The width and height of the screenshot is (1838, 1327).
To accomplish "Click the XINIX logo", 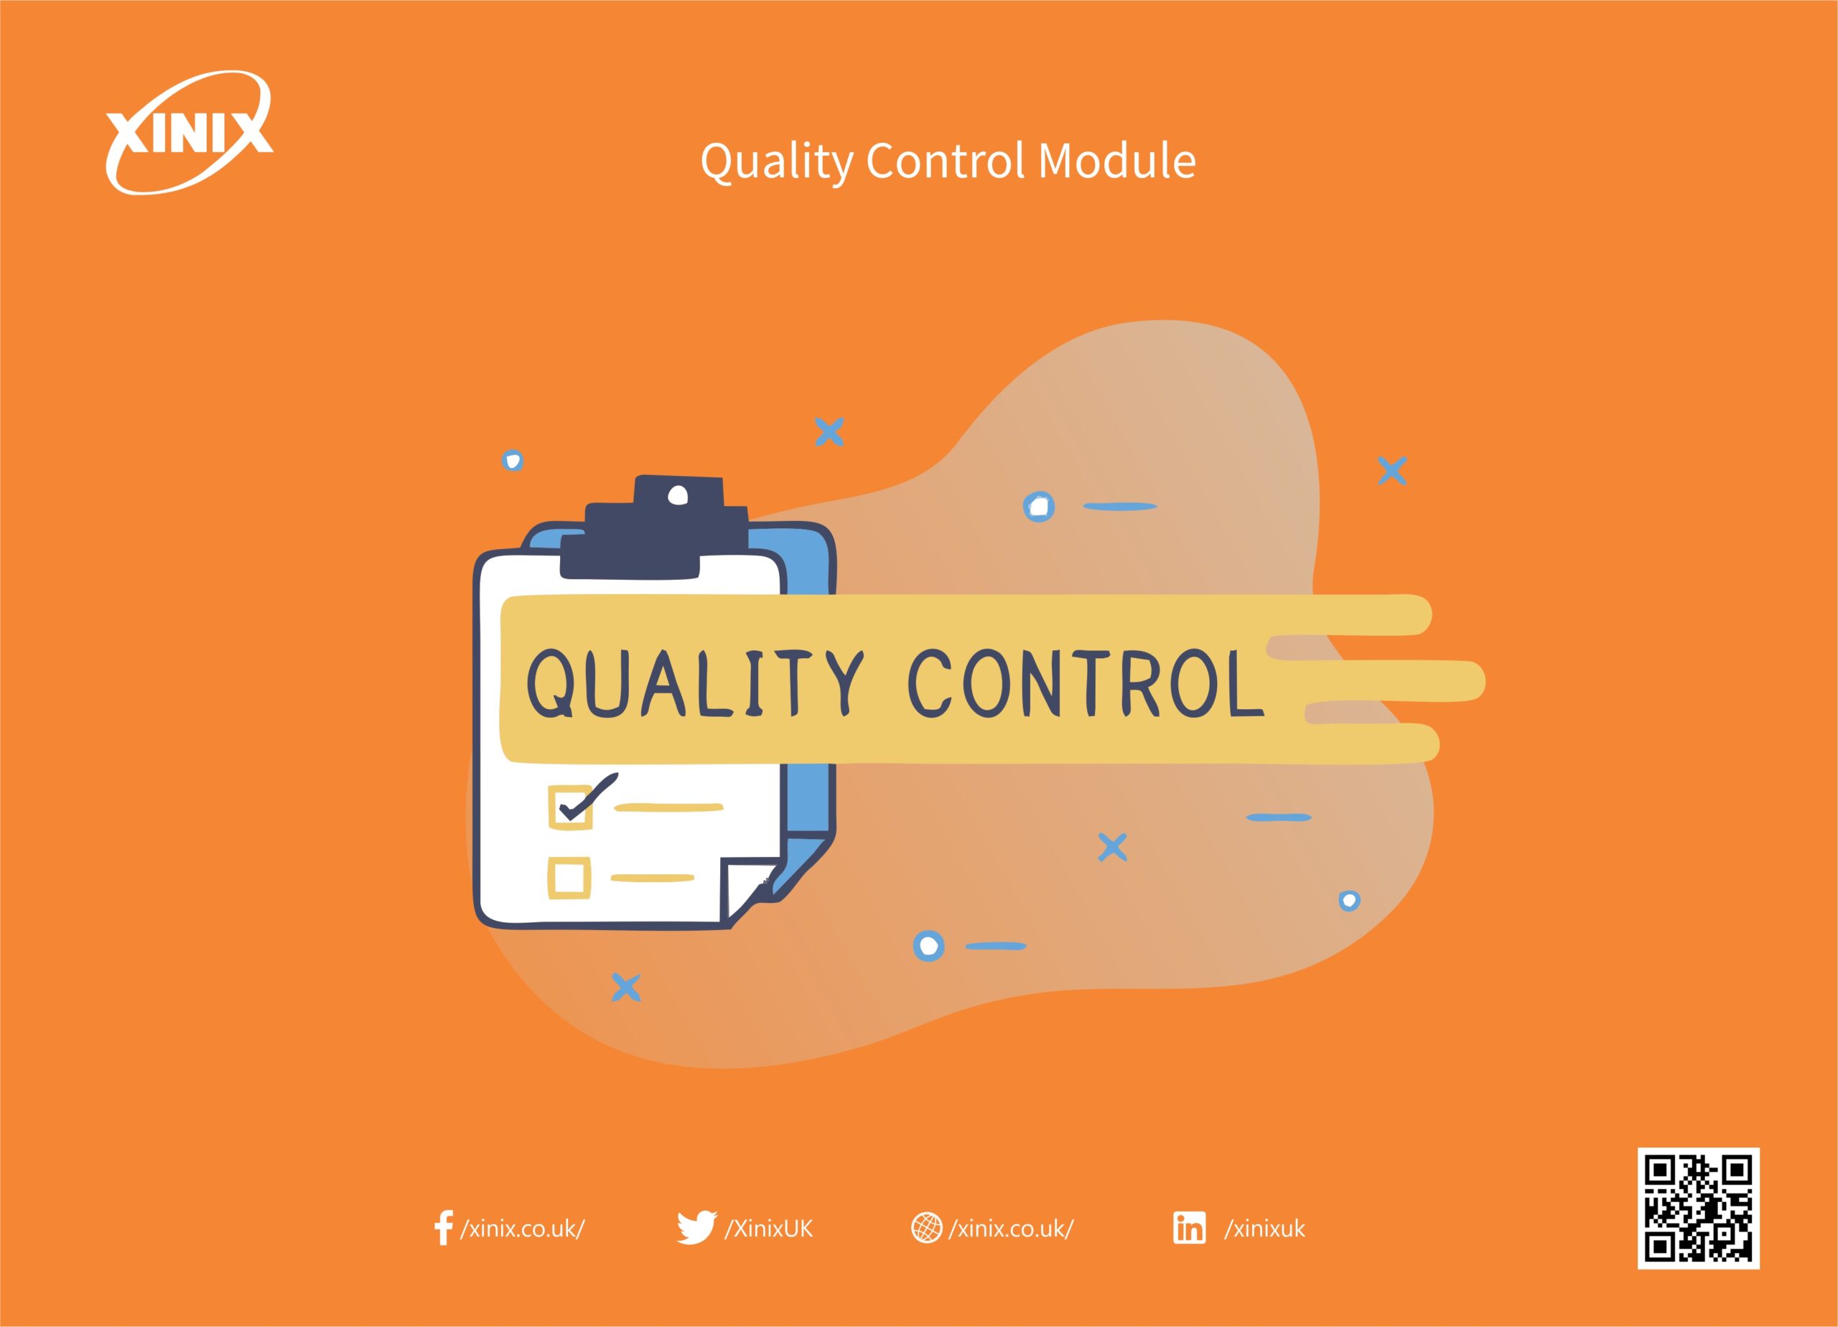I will pyautogui.click(x=188, y=133).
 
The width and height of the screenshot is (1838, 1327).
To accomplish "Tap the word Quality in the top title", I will pyautogui.click(x=775, y=162).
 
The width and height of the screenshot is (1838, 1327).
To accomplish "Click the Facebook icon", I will pyautogui.click(x=442, y=1228).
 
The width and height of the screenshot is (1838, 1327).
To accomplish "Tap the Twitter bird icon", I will pyautogui.click(x=696, y=1227).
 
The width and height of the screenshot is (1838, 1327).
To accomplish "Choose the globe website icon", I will pyautogui.click(x=926, y=1228).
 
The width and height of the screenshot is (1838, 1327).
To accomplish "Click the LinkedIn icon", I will pyautogui.click(x=1189, y=1228).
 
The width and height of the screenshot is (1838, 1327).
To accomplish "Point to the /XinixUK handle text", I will pyautogui.click(x=768, y=1228).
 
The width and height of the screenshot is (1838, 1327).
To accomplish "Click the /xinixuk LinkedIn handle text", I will pyautogui.click(x=1264, y=1229).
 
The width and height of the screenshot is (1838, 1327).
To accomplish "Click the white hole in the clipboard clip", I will pyautogui.click(x=677, y=496).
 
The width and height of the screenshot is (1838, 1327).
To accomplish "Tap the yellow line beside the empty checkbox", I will pyautogui.click(x=653, y=878).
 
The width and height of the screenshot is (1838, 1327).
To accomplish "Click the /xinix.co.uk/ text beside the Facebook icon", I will pyautogui.click(x=523, y=1229).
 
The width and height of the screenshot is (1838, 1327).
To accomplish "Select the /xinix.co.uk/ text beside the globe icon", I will pyautogui.click(x=1012, y=1229).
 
